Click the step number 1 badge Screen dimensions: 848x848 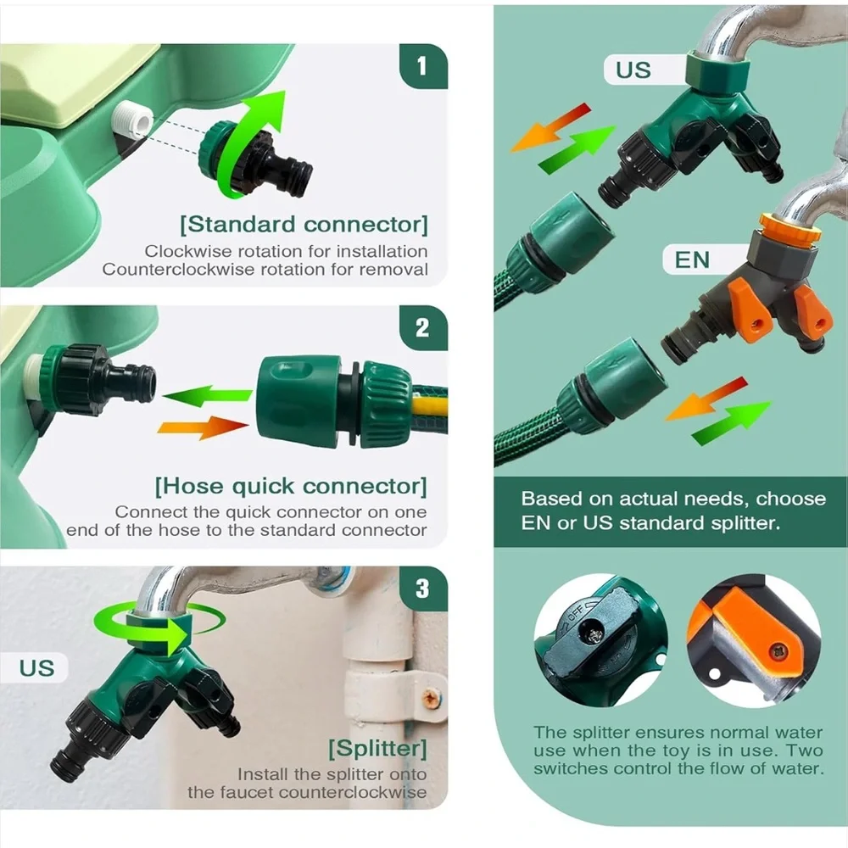(x=423, y=66)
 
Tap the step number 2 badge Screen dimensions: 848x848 (x=423, y=327)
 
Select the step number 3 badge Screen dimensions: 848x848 (x=423, y=589)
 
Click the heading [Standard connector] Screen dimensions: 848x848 (x=304, y=225)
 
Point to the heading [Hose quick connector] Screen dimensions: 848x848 (x=291, y=486)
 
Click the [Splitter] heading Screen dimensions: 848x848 (x=377, y=749)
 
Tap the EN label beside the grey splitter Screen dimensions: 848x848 (x=692, y=260)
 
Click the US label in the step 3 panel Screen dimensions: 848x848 (x=36, y=668)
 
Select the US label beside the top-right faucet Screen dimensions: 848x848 (x=633, y=70)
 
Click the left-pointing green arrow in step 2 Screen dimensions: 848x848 (x=207, y=396)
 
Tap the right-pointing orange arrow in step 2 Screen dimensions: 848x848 (x=203, y=427)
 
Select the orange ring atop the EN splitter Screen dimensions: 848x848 (x=789, y=227)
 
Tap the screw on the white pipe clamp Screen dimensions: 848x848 (x=430, y=698)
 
